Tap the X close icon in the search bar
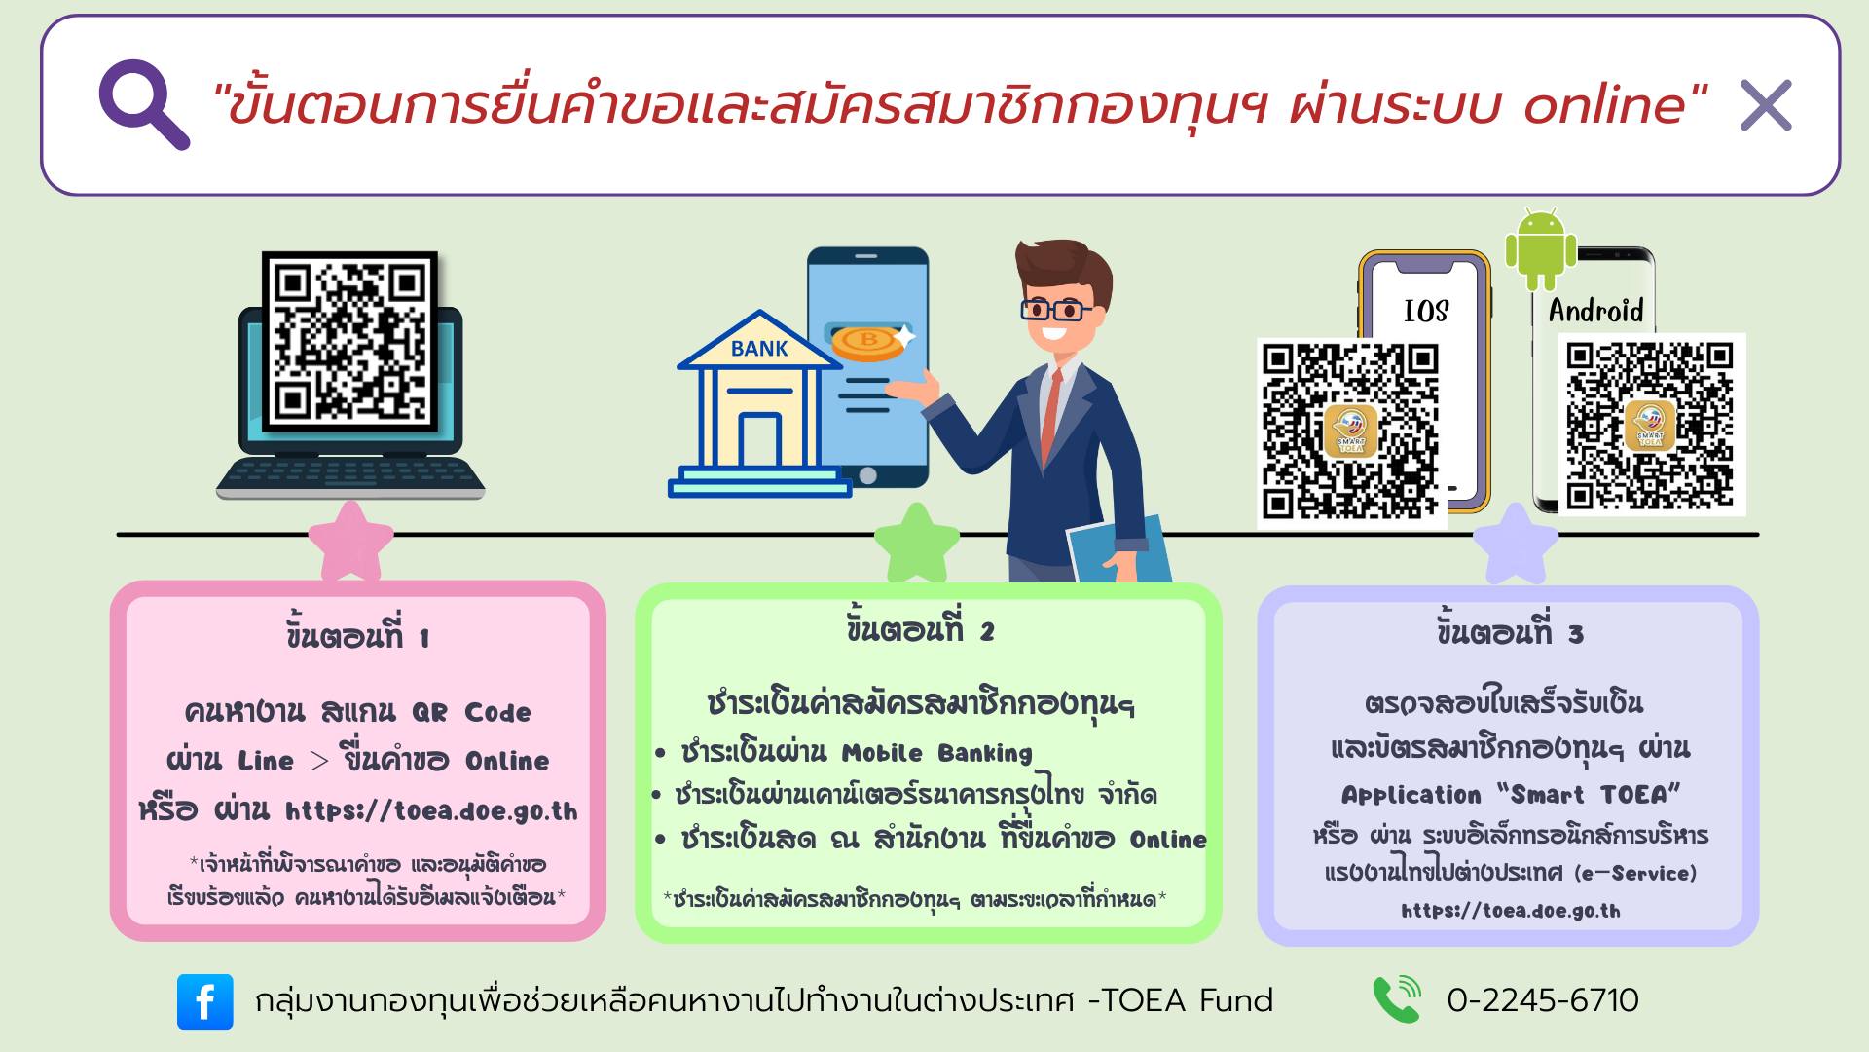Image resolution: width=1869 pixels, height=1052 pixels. click(1766, 105)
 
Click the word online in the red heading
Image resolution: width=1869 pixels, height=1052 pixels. click(1616, 104)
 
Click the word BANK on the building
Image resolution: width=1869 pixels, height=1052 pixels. click(759, 349)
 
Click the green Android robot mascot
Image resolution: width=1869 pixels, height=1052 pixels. click(1540, 248)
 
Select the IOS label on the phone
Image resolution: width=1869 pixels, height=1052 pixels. click(1426, 311)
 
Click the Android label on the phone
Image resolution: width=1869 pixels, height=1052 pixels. click(1595, 311)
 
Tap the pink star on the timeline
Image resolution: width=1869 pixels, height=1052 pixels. click(350, 542)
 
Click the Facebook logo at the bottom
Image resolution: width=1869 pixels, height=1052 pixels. click(205, 1001)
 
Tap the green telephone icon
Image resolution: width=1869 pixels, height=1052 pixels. click(1397, 999)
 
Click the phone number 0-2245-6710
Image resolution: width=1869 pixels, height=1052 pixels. click(1543, 1000)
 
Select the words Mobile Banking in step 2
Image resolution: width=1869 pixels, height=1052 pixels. click(936, 753)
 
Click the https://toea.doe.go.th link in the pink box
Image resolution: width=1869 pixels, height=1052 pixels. click(431, 811)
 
